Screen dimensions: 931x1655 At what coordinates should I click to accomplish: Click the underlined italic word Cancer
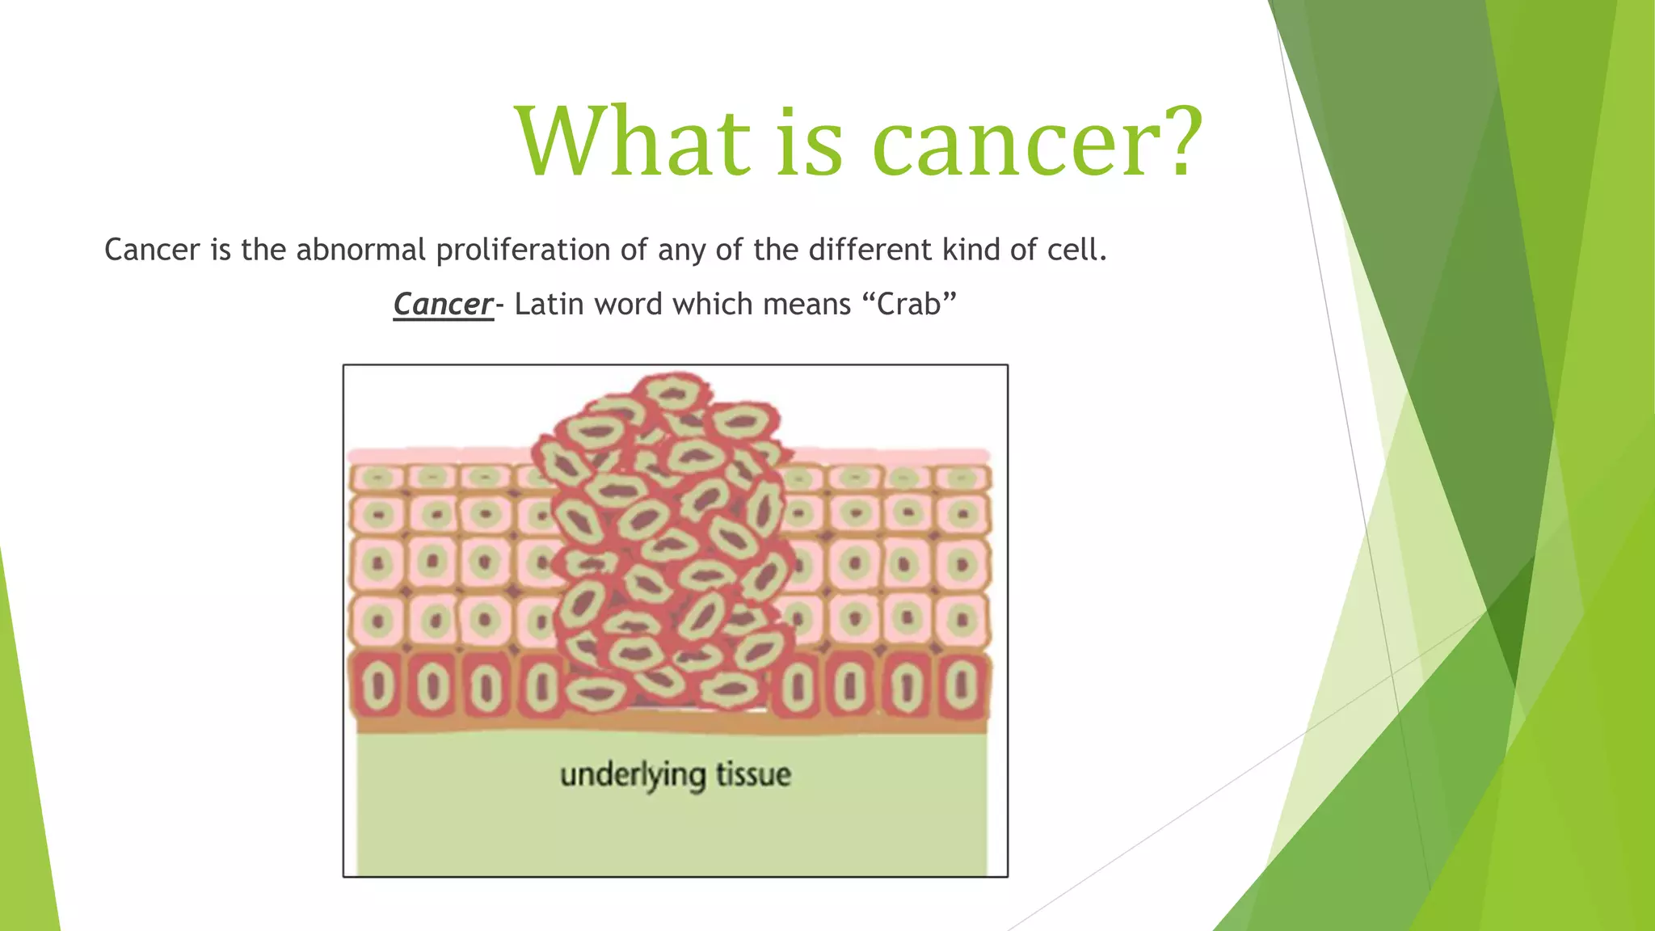point(443,305)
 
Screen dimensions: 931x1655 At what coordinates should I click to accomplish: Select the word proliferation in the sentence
point(523,250)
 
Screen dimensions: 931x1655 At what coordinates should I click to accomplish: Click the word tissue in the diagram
point(753,775)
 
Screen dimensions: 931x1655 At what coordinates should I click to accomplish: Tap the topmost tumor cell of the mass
point(672,394)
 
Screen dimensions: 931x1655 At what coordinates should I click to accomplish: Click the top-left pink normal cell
point(377,478)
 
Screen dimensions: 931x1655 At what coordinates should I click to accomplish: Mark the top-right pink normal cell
point(962,478)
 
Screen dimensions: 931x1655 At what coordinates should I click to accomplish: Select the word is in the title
point(809,143)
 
